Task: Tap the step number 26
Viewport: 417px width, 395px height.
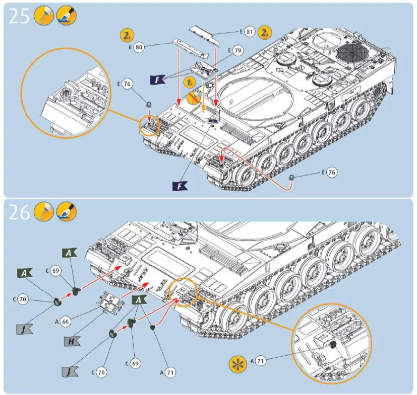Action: point(19,213)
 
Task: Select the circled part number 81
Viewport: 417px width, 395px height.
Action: point(249,32)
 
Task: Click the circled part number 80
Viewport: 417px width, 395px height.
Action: point(139,47)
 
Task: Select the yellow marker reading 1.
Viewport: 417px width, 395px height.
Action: point(189,81)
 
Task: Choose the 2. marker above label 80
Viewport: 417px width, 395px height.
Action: point(127,35)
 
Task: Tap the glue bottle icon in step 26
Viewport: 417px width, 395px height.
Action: point(43,213)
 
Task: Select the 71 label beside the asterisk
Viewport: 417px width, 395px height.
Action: point(260,360)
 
